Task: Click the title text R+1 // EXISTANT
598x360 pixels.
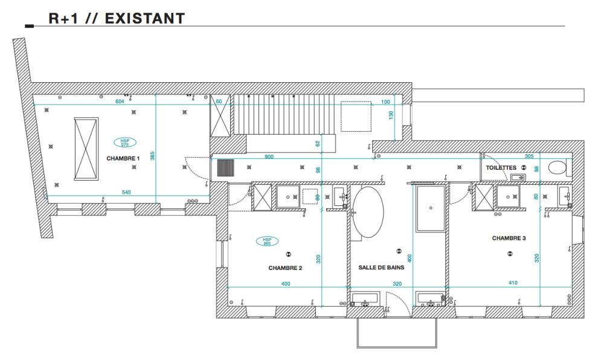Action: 117,18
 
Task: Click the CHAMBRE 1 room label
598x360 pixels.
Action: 123,158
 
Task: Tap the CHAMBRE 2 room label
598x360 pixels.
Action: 285,268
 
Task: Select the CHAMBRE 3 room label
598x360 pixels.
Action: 509,239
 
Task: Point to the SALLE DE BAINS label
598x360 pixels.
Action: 381,268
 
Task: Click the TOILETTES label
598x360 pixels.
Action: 501,168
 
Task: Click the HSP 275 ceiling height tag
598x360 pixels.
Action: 124,142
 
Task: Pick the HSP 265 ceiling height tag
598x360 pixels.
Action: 267,241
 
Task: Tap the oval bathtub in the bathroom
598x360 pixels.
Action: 368,211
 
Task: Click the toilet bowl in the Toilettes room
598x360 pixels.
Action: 557,168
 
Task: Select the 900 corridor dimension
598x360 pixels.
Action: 269,156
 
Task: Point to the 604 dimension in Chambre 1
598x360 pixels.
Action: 120,101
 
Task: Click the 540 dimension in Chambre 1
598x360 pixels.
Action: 126,192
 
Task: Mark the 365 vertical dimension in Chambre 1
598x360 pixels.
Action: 153,156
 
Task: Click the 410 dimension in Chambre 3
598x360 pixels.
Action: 513,283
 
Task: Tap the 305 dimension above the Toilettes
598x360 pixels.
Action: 529,156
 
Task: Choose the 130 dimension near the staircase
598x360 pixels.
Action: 391,115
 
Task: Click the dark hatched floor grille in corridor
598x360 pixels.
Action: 226,168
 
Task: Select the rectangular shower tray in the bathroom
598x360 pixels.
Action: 431,208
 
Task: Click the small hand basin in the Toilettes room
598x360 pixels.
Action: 518,178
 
